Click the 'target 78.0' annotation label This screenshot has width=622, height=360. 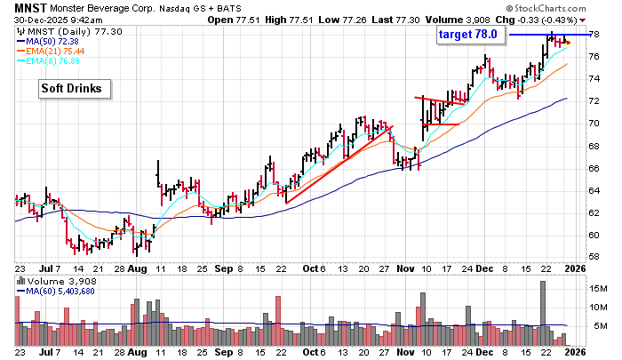click(x=471, y=34)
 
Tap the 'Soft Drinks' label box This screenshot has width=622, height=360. click(x=71, y=89)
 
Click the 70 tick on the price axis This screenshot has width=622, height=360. click(x=592, y=124)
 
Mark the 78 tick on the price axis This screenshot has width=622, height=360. click(x=592, y=34)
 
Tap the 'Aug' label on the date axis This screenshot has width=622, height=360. click(x=137, y=267)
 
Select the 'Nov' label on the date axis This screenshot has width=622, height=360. click(x=405, y=267)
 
